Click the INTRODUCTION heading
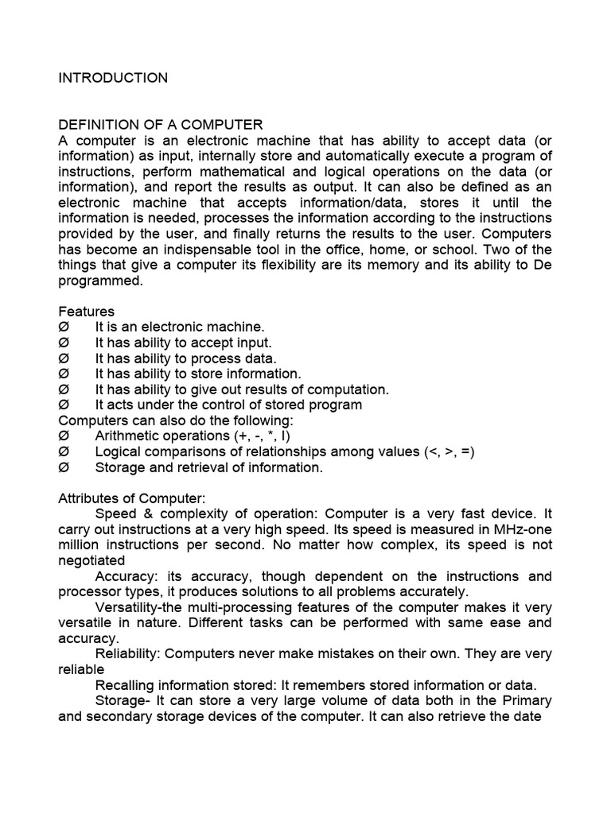click(x=113, y=78)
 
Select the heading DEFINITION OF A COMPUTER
click(x=161, y=125)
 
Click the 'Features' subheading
click(x=86, y=312)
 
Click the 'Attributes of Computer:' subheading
click(x=131, y=498)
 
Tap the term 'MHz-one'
click(x=527, y=529)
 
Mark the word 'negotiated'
click(x=91, y=560)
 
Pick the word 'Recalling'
click(x=123, y=685)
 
